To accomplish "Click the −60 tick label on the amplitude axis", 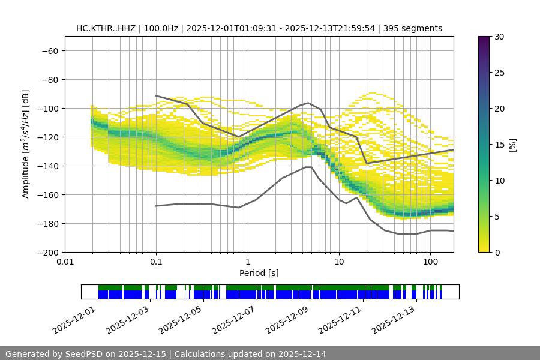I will click(x=49, y=50).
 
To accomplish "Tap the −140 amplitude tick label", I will click(x=47, y=166).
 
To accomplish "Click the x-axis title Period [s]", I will click(x=259, y=273).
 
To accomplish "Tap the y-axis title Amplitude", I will click(x=26, y=144).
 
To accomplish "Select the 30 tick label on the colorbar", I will click(x=498, y=37).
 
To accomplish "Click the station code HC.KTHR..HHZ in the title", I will click(x=106, y=28).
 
